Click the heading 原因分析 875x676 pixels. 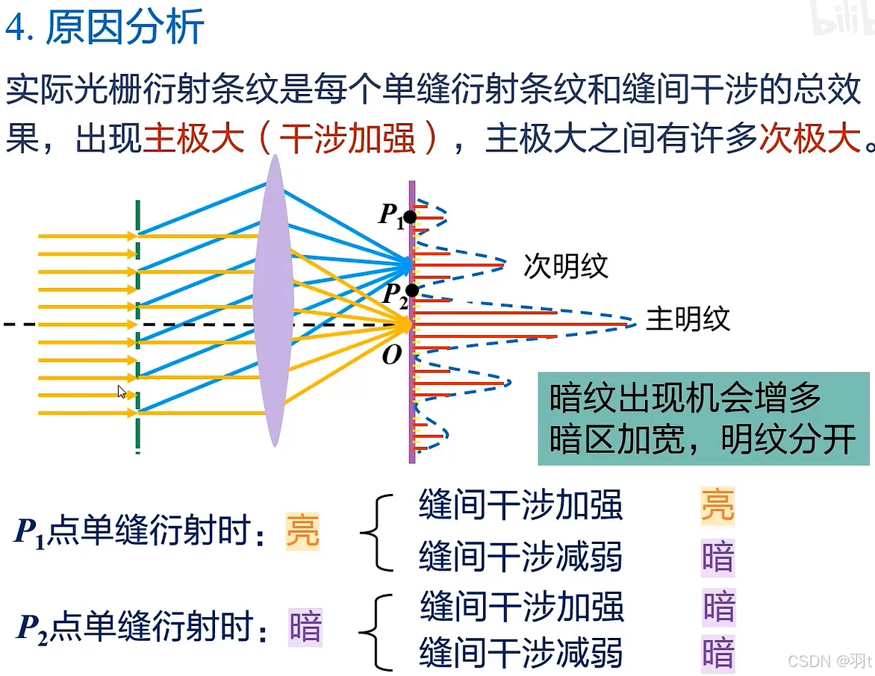(125, 28)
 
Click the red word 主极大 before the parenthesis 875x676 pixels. (193, 138)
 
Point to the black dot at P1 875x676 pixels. (409, 218)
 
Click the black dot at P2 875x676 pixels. (412, 290)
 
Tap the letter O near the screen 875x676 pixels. (392, 356)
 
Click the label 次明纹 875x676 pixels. (565, 266)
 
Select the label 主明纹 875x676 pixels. (688, 319)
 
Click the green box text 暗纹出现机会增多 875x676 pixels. (685, 399)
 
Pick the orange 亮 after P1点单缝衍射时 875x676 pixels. (302, 532)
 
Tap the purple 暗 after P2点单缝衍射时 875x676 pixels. (305, 628)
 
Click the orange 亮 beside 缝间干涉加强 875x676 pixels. (717, 505)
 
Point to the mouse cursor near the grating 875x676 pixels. (122, 392)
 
